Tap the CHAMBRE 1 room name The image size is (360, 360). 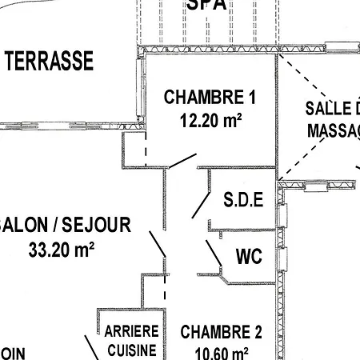click(210, 98)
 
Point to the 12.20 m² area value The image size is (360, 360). click(210, 122)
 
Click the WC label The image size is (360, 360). click(250, 258)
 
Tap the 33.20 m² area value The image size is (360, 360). click(61, 250)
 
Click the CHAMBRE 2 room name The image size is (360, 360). click(222, 332)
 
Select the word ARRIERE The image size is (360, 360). click(132, 330)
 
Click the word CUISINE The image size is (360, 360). click(132, 350)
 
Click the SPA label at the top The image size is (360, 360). click(206, 5)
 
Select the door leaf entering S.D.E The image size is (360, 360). click(198, 205)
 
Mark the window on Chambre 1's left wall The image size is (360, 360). click(143, 92)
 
